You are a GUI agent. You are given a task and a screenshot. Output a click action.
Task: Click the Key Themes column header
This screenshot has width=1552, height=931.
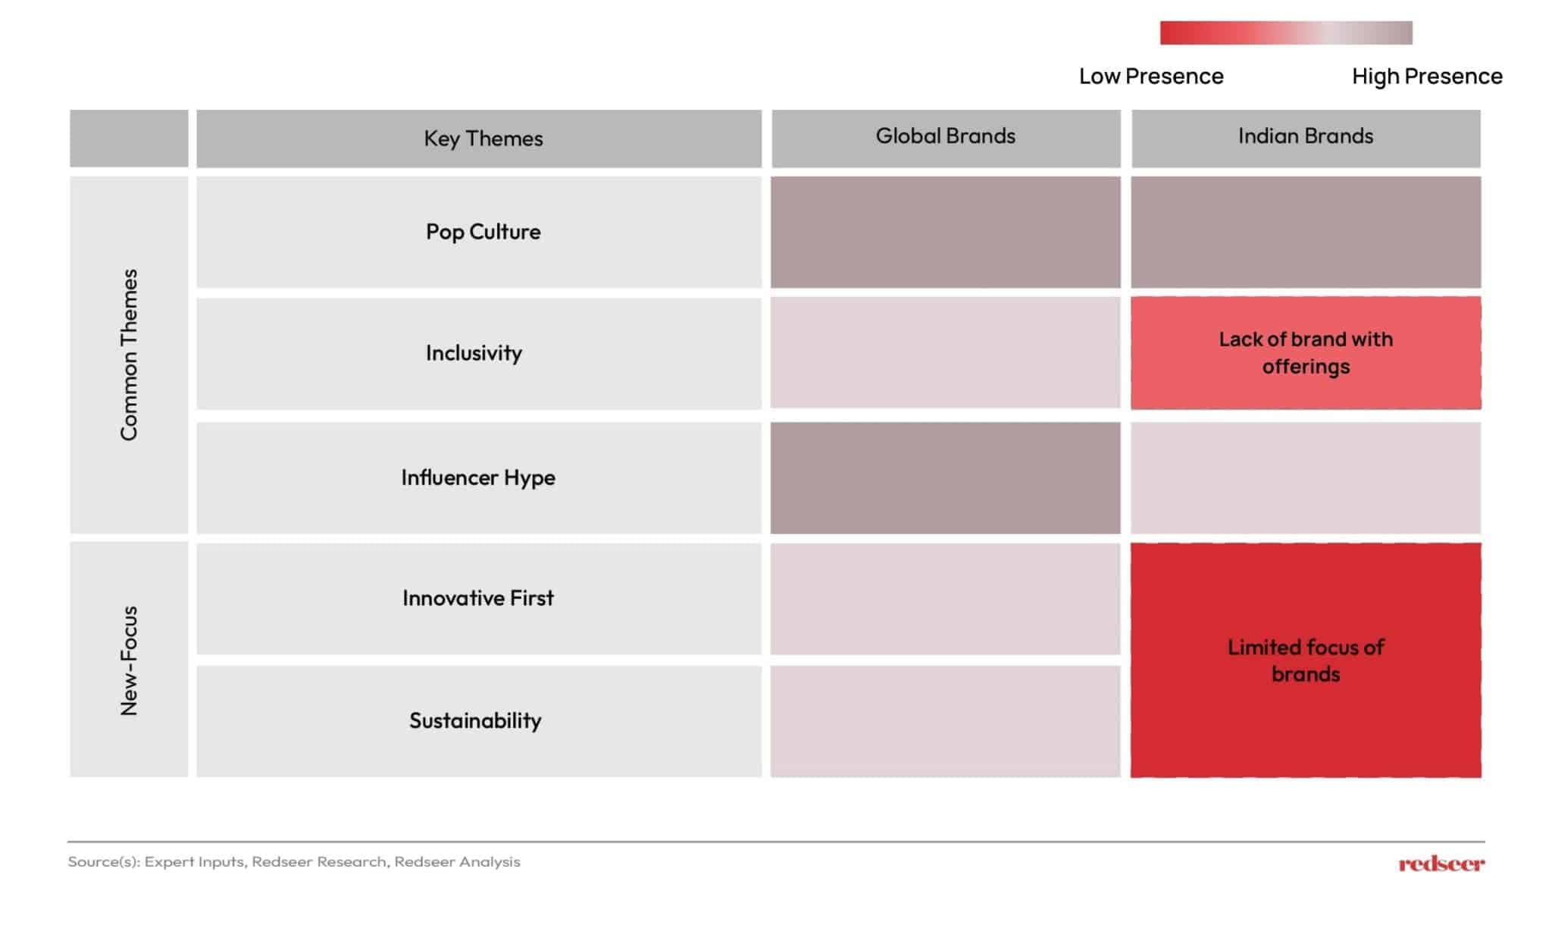click(483, 139)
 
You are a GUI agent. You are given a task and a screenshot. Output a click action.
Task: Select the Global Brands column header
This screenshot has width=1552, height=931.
click(945, 136)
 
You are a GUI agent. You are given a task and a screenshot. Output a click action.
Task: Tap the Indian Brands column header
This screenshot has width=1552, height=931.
click(1305, 136)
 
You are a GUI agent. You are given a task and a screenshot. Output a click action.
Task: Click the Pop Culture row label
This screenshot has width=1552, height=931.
click(483, 232)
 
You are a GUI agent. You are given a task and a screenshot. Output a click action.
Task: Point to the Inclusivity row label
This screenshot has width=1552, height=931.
click(474, 353)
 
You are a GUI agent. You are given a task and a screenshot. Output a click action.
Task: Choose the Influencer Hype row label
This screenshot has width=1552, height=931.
click(478, 477)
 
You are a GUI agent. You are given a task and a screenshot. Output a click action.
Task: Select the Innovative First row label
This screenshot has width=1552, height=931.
click(478, 598)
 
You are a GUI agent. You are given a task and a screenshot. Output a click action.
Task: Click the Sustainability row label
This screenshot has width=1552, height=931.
click(475, 720)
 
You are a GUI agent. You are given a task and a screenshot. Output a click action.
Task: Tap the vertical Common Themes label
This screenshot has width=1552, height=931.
click(129, 355)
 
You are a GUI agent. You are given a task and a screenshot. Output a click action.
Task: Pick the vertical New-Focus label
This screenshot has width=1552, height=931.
click(129, 661)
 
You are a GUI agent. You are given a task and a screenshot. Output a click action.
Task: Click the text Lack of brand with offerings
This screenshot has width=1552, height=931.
click(1305, 353)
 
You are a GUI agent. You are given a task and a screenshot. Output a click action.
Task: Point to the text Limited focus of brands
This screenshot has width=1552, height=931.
click(1305, 661)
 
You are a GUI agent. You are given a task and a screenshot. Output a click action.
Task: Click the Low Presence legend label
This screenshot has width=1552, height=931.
click(1150, 77)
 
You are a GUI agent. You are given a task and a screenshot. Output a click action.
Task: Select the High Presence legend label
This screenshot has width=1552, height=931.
click(1426, 77)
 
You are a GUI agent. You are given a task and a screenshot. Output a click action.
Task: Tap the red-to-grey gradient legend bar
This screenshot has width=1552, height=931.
click(1285, 33)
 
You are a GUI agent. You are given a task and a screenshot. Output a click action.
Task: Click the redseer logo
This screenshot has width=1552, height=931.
click(1441, 864)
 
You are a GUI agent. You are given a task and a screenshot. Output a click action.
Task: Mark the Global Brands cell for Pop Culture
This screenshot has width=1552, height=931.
click(945, 233)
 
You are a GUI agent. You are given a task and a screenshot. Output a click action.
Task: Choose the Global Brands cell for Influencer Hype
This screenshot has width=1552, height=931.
click(945, 478)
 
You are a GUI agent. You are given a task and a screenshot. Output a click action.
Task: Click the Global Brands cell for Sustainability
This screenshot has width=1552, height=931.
click(945, 721)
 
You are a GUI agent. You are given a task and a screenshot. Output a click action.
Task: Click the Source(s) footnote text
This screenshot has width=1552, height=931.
click(294, 862)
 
